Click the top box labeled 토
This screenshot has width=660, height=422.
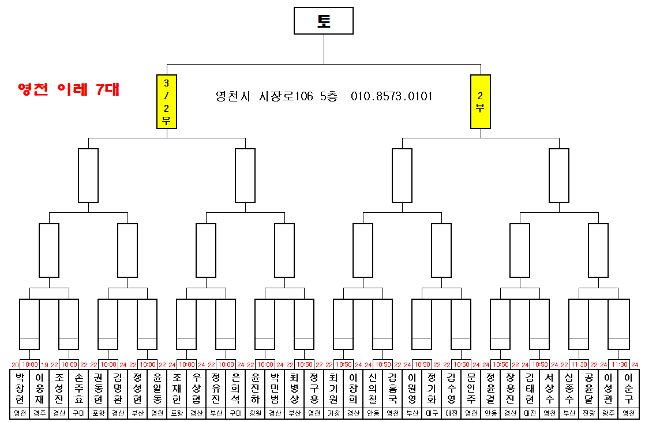(x=324, y=21)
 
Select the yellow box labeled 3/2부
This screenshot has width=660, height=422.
(x=167, y=101)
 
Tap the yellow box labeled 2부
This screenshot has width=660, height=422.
(x=481, y=101)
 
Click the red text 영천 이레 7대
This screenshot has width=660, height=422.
(x=69, y=90)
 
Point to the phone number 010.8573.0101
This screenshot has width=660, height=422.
(x=392, y=96)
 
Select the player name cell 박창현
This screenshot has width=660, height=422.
(x=20, y=388)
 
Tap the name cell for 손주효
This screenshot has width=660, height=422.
(x=78, y=388)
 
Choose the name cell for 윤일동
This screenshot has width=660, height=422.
(x=157, y=388)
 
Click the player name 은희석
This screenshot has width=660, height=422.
(x=235, y=388)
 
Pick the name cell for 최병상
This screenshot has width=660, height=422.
(x=294, y=388)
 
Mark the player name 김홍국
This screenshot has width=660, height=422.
(x=392, y=388)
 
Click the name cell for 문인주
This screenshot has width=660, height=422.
(x=471, y=388)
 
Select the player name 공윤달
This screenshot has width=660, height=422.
(x=588, y=388)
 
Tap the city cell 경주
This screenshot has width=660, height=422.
(x=39, y=413)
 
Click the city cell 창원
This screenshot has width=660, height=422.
(x=255, y=413)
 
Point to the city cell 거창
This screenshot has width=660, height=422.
(x=333, y=413)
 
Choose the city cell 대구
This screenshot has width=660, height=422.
(x=432, y=413)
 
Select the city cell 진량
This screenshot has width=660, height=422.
(x=588, y=413)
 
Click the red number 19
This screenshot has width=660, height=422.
(x=44, y=365)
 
